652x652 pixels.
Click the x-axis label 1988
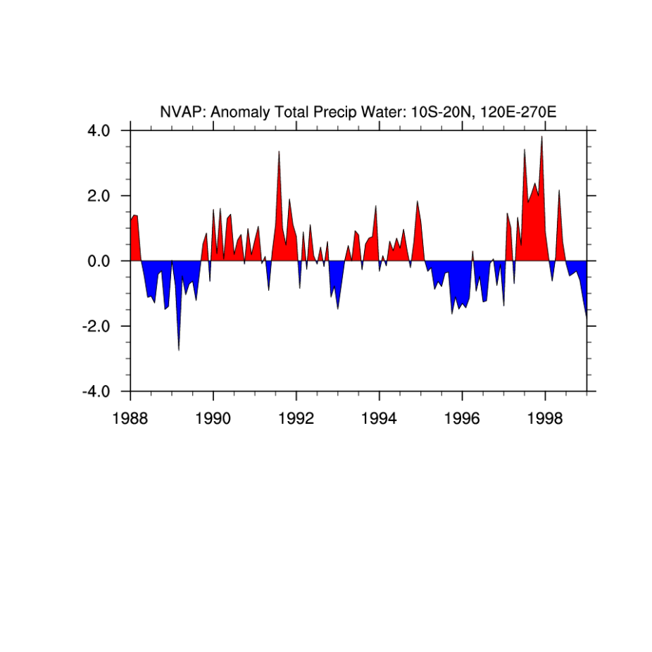click(130, 418)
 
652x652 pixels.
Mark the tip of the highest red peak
click(541, 137)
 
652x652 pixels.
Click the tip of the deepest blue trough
click(178, 350)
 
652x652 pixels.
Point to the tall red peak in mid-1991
click(279, 151)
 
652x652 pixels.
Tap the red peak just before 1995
click(417, 201)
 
